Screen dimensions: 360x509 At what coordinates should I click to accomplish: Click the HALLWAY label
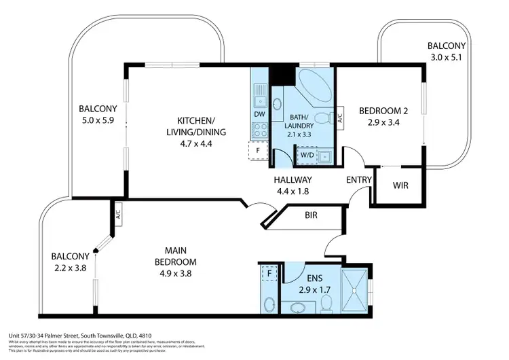tap(293, 180)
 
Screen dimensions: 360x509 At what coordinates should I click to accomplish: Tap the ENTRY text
tap(359, 180)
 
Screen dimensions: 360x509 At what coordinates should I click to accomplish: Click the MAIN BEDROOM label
tap(174, 257)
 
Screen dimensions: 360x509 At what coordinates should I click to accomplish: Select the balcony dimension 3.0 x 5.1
tap(446, 57)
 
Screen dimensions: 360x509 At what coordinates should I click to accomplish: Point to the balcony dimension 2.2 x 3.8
tap(71, 267)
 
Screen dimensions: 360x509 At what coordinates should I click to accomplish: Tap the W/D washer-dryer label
tap(306, 154)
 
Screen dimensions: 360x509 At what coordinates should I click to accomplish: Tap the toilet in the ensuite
tap(326, 303)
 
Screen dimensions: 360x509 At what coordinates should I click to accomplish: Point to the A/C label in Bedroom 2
tap(341, 118)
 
